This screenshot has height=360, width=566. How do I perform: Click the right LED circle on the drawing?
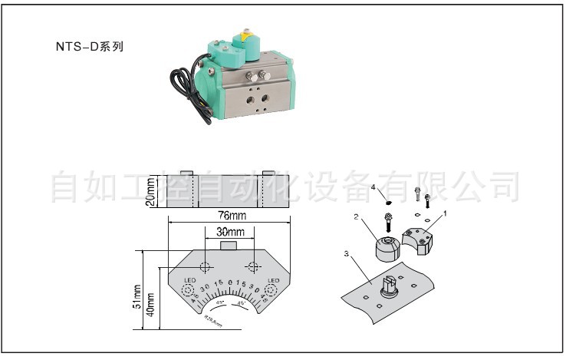point(270,291)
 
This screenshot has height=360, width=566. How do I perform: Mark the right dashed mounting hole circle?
point(252,266)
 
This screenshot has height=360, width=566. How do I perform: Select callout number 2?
point(357,217)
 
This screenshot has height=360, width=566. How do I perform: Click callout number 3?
point(347,253)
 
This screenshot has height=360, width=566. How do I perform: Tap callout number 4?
point(373,187)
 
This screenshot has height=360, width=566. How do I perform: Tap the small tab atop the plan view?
point(229,244)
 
